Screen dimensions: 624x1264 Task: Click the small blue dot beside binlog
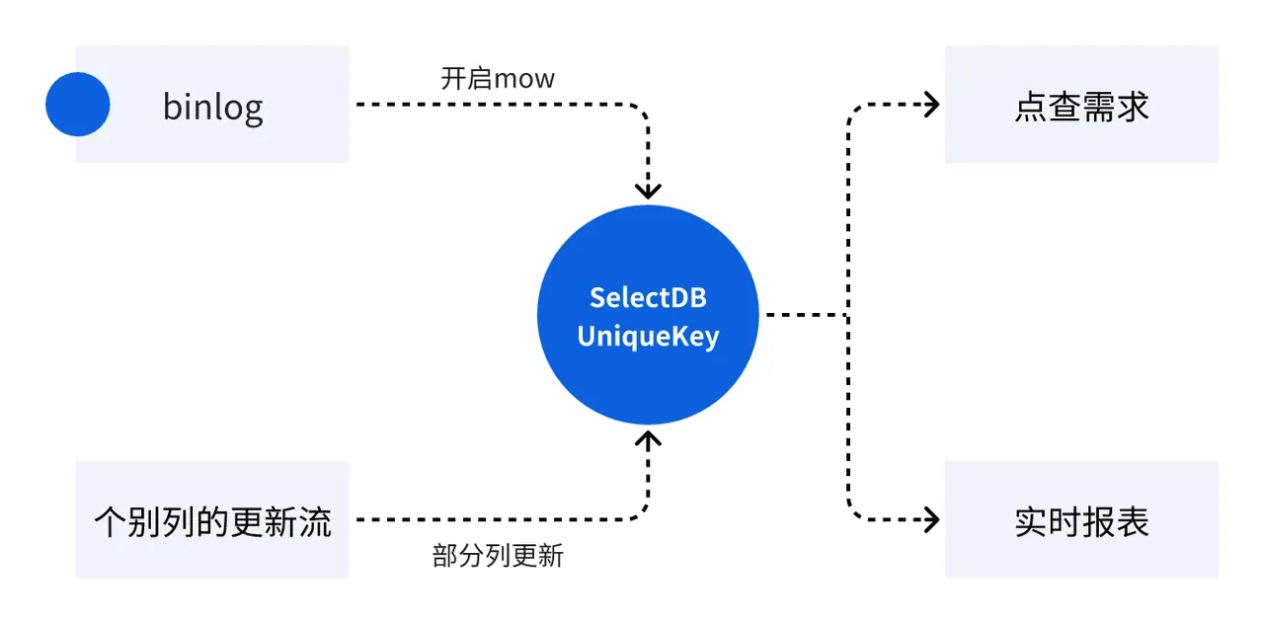tap(77, 104)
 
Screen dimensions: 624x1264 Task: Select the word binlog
tap(212, 106)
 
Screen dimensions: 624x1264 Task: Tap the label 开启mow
tap(498, 79)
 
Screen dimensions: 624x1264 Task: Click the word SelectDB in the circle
tap(648, 297)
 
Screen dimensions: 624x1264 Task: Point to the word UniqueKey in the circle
tap(648, 337)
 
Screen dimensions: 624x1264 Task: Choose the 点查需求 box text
tap(1081, 106)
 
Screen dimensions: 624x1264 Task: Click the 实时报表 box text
tap(1081, 521)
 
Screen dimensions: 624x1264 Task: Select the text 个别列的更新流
tap(212, 520)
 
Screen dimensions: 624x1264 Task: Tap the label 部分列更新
tap(498, 556)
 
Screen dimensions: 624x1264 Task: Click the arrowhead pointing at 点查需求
tap(929, 104)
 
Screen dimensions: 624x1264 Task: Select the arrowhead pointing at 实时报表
tap(929, 519)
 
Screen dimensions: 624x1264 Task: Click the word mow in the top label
tap(524, 79)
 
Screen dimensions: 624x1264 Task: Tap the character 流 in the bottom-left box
tap(315, 520)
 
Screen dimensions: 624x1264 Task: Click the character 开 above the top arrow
tap(452, 79)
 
